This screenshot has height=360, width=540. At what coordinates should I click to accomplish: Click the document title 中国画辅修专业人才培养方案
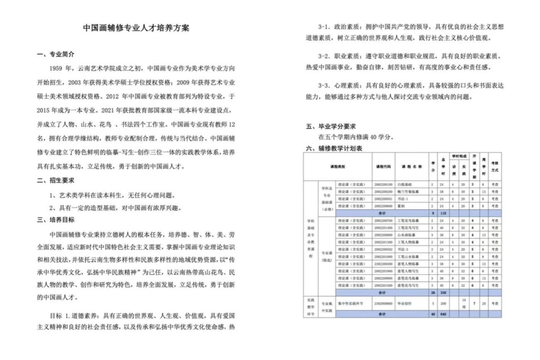pos(136,28)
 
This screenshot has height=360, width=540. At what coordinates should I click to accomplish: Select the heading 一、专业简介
pos(56,54)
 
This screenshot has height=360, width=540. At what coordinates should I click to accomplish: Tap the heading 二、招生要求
pos(56,181)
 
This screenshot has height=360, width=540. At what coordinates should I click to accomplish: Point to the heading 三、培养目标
pos(56,219)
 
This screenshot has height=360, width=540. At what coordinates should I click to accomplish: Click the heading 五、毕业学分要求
pos(331,127)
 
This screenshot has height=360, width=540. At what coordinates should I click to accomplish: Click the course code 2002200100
pos(383,184)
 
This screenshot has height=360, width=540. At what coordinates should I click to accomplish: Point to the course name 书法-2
pos(404,249)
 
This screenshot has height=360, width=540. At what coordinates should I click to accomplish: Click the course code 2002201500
pos(383,285)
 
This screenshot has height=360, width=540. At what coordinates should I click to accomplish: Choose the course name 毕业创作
pos(404,303)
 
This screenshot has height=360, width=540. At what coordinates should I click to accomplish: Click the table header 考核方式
pos(495,166)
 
